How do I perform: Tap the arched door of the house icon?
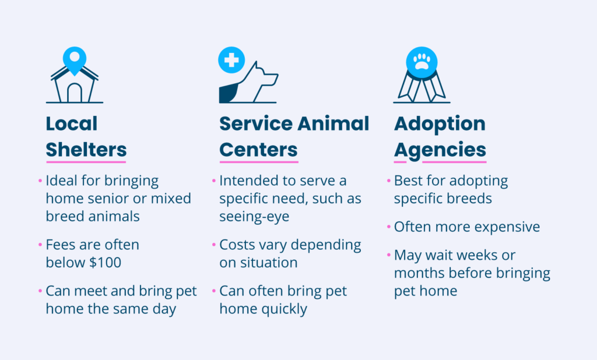coord(75,93)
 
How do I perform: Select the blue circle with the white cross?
coord(231,60)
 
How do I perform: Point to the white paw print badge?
coord(422,62)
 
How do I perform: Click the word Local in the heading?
coord(72,123)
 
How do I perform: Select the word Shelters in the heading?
coord(86,150)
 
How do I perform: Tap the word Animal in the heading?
coord(333,123)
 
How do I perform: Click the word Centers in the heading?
coord(258,150)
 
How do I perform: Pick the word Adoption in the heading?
coord(440,124)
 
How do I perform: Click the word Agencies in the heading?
coord(440,150)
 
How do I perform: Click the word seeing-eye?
coord(254,217)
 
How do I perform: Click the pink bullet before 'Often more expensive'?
coord(389,227)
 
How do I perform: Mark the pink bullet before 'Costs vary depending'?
coord(214,245)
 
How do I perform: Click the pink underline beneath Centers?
coord(259,162)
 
